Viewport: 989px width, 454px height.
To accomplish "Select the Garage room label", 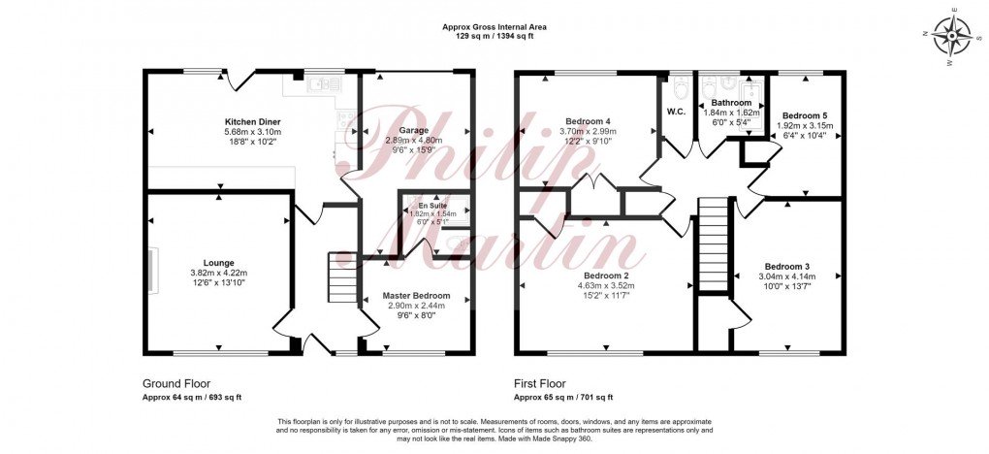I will pyautogui.click(x=413, y=129).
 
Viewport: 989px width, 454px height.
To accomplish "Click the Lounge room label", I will pyautogui.click(x=218, y=262).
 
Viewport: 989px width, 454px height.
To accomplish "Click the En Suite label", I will pyautogui.click(x=433, y=207).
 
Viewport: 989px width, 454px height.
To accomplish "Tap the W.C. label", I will pyautogui.click(x=676, y=110).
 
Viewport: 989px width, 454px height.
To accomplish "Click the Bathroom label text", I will pyautogui.click(x=731, y=103).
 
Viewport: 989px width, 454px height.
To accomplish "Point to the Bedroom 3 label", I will pyautogui.click(x=786, y=267).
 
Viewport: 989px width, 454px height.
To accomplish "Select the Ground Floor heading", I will pyautogui.click(x=175, y=383).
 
